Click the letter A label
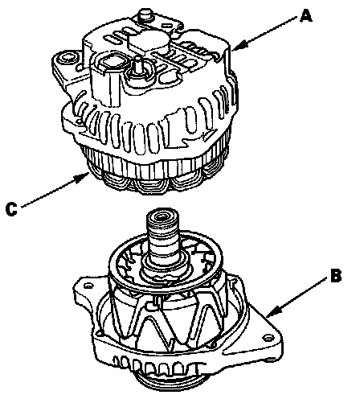305,15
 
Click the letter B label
336,275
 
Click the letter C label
11,209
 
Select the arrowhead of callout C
82,177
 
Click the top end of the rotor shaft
162,216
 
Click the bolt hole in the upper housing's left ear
65,59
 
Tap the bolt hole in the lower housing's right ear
267,338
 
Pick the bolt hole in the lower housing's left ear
88,286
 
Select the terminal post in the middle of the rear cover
138,64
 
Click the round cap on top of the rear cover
150,39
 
